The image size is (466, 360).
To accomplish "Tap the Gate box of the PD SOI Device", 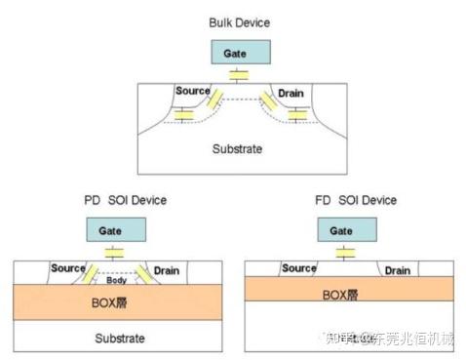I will [x=115, y=230].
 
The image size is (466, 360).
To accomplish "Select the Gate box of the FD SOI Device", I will [x=341, y=230].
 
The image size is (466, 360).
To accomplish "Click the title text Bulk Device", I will [x=240, y=21].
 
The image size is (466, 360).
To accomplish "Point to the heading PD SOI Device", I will [x=125, y=200].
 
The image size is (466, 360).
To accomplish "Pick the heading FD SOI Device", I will [x=355, y=200].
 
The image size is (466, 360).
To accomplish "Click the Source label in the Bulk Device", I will [x=193, y=92].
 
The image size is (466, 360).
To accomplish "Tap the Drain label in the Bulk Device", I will [x=291, y=92].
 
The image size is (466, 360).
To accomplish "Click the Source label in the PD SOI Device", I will [x=68, y=268].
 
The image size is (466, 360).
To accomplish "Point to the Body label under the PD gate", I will [x=116, y=279].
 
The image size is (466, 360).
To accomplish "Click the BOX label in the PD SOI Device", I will [x=115, y=303].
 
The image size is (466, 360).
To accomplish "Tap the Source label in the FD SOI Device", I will [x=298, y=268].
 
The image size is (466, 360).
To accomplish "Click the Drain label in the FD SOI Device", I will [x=397, y=270].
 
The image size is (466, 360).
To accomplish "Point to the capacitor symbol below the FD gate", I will [x=342, y=253].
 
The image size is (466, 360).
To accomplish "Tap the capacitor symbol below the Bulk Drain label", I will [x=298, y=114].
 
